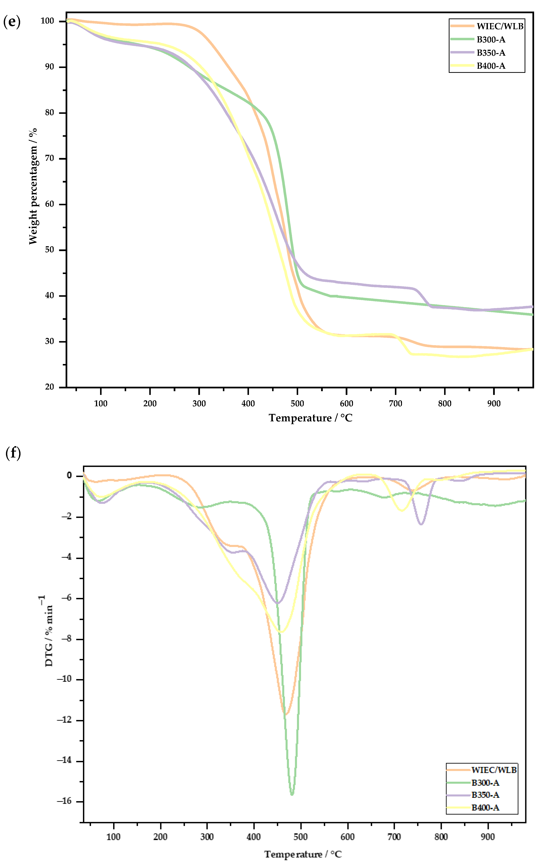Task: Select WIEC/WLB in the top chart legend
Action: [x=499, y=26]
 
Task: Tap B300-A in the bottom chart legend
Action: [x=485, y=783]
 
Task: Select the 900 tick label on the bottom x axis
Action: [x=488, y=837]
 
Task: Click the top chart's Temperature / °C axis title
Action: [x=310, y=418]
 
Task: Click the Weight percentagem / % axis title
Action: [x=33, y=186]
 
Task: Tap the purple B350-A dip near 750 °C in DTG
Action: [x=421, y=524]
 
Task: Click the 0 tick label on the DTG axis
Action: [x=69, y=476]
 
